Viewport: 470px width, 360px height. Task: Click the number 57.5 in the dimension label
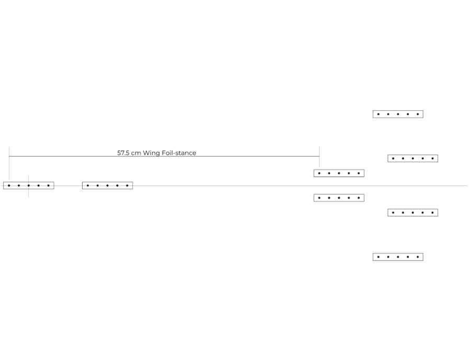tap(123, 153)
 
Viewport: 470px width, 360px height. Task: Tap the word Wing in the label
tap(152, 153)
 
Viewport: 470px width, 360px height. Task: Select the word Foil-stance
tap(179, 153)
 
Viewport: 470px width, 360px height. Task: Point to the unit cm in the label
tap(136, 153)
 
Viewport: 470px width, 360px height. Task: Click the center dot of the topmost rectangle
tap(398, 114)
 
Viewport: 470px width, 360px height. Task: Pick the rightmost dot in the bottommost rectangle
tap(418, 257)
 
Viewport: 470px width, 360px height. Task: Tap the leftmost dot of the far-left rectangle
tap(9, 185)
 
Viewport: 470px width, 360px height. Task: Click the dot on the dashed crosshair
tap(29, 185)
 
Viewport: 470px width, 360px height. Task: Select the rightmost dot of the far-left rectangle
tap(48, 185)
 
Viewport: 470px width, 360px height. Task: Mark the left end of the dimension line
tap(9, 156)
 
